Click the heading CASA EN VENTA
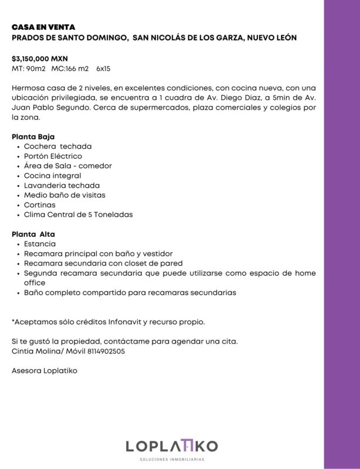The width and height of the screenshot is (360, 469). (43, 27)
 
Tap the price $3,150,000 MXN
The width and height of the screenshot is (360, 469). (39, 59)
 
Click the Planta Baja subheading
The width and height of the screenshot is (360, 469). (33, 137)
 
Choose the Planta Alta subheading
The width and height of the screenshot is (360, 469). (33, 234)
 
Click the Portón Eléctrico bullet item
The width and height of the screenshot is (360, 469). (53, 156)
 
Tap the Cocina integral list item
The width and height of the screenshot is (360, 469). (52, 175)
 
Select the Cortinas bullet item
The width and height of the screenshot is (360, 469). (40, 205)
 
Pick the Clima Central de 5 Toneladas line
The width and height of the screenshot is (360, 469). (78, 215)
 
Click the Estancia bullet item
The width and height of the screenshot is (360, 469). (40, 244)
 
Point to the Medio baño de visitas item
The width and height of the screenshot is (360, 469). (64, 195)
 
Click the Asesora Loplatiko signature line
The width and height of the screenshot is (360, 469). (45, 371)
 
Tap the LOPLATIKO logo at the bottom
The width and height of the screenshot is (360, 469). (172, 446)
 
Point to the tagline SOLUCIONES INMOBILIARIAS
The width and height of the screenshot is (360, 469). (172, 460)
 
